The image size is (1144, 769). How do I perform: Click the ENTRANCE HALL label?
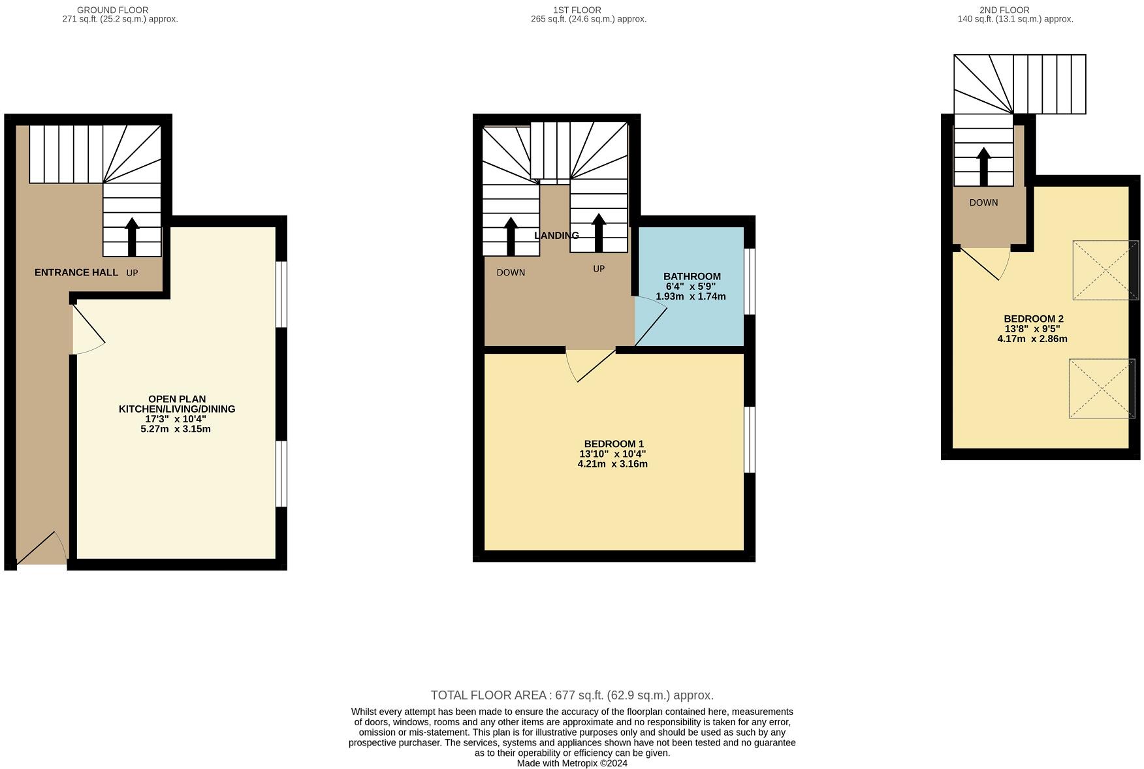point(76,272)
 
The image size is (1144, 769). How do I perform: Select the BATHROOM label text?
point(691,276)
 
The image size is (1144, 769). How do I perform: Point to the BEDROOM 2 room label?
point(1033,319)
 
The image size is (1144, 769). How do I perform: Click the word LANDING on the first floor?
point(556,236)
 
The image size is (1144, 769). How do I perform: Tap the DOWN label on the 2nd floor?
point(983,202)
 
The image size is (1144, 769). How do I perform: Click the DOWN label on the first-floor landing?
point(510,272)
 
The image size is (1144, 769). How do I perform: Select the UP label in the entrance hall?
point(132,273)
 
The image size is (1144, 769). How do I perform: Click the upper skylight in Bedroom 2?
point(1105,270)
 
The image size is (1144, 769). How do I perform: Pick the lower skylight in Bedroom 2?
point(1101,388)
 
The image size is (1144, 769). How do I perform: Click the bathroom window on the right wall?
point(750,281)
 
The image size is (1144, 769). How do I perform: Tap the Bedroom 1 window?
point(750,439)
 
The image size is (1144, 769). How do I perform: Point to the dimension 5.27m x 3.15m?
point(175,429)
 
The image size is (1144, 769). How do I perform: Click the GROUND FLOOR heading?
point(112,10)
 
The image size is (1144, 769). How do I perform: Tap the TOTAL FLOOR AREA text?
point(571,695)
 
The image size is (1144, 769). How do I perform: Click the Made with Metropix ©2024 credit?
point(571,763)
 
